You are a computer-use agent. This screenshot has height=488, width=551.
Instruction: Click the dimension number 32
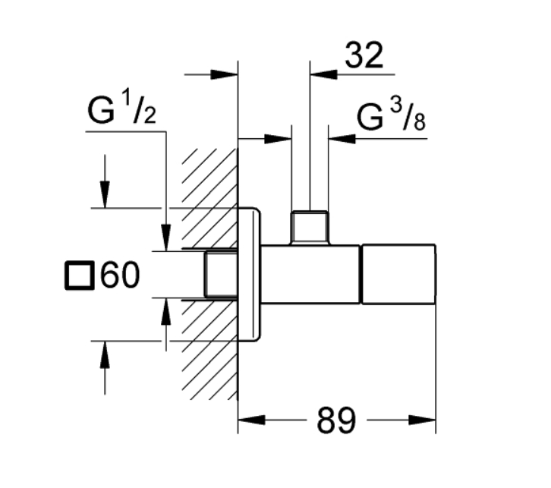364,56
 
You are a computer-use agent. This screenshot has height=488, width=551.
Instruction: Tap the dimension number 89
336,422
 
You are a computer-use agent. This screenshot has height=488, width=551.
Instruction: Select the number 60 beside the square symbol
121,275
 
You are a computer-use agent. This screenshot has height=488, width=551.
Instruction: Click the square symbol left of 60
80,275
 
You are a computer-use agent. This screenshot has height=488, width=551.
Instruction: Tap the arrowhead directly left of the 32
322,74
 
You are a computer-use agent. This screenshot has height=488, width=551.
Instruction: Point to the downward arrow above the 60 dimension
105,194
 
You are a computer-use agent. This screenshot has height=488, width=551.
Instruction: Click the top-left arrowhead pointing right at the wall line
225,74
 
